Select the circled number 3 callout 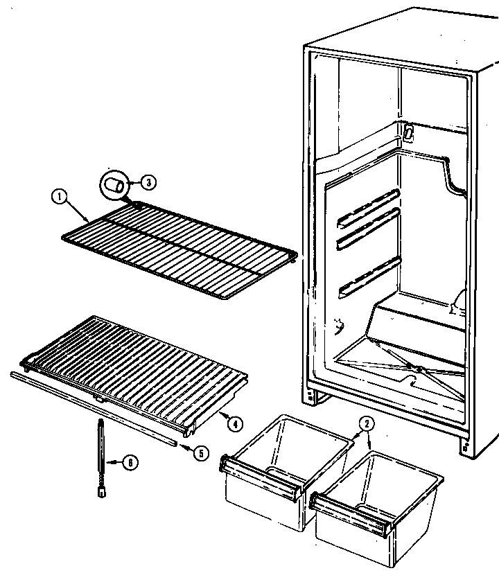click(x=148, y=182)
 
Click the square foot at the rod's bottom click(x=101, y=492)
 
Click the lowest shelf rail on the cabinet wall click(x=369, y=277)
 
